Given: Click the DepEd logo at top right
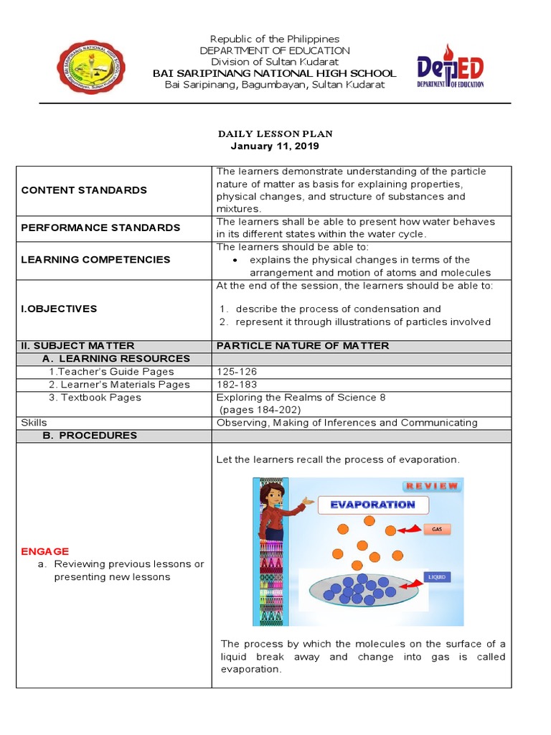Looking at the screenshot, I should tap(451, 67).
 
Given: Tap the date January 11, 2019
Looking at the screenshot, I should tap(275, 146).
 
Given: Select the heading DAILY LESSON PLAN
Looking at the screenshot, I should tap(275, 134).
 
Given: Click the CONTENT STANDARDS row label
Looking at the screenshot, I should tap(84, 190).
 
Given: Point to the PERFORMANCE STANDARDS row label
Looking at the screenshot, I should tap(100, 228).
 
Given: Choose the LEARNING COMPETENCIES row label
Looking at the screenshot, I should tap(95, 260).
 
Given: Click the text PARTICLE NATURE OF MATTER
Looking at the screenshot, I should tap(302, 346).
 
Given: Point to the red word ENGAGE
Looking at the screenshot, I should tap(45, 551).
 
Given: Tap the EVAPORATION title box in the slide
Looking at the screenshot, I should tap(372, 505).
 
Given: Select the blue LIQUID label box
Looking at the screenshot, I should tap(437, 576).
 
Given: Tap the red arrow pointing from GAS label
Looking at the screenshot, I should tap(408, 531).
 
